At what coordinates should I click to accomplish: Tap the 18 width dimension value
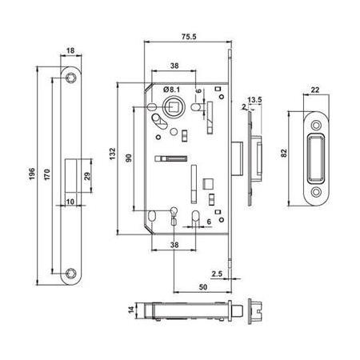coord(70,51)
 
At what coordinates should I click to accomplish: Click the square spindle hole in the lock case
coord(170,106)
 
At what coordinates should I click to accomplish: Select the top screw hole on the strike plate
coord(315,123)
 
